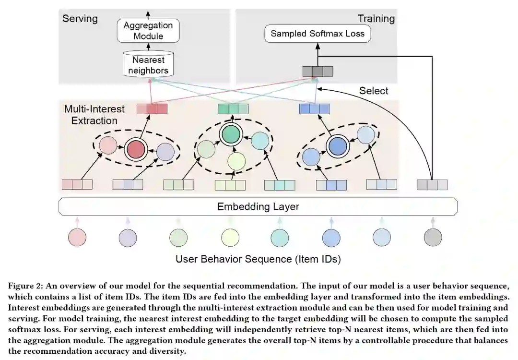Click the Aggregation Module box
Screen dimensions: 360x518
pos(148,31)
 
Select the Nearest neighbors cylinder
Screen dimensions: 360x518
pos(148,65)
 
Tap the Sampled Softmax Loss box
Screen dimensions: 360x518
pos(318,34)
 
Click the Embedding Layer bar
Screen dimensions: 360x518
pos(258,207)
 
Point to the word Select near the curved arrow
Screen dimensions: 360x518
pos(374,91)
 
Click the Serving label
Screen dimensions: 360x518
pos(80,19)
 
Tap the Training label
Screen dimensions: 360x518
pos(376,19)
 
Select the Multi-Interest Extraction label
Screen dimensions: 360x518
pos(94,115)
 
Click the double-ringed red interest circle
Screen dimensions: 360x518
pos(136,150)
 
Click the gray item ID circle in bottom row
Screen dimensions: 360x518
pos(433,237)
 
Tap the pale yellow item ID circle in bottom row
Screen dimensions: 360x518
pos(230,237)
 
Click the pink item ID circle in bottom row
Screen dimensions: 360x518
pos(77,237)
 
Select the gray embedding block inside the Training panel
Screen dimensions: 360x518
pos(318,72)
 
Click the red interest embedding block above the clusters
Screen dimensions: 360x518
pos(152,109)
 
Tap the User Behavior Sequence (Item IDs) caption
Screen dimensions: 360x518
pos(258,259)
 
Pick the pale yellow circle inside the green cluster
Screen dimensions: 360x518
pos(236,161)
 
